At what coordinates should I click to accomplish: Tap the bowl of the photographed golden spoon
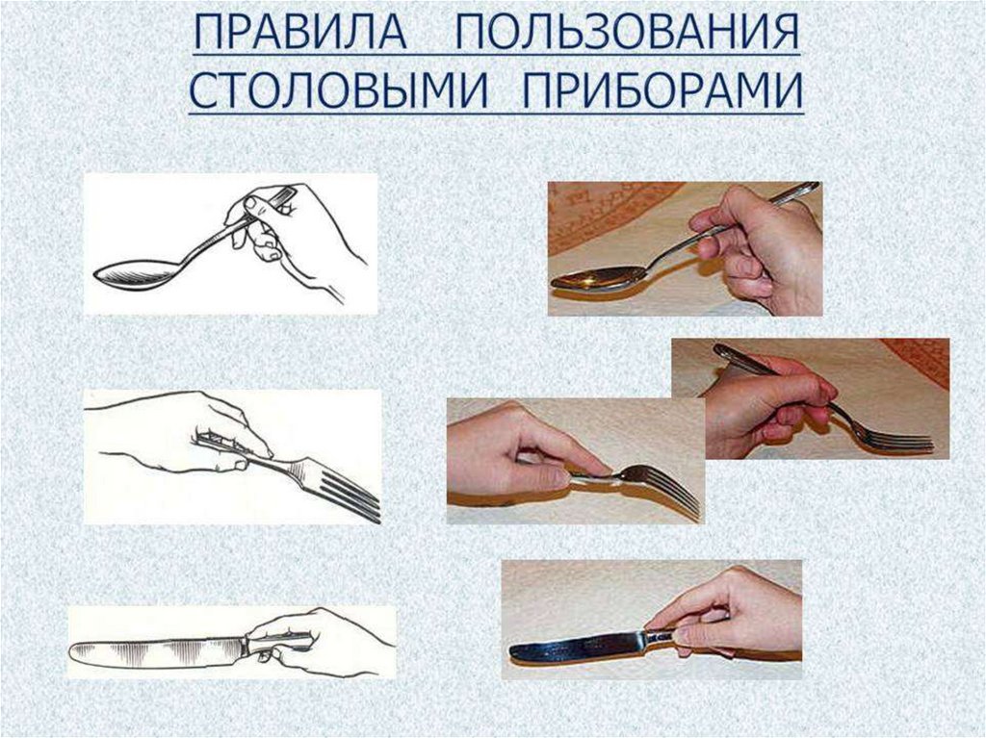(x=597, y=277)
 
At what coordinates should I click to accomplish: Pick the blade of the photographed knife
(x=578, y=647)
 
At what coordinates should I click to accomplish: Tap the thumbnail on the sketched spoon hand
(x=250, y=203)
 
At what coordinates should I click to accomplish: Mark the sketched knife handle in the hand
(x=279, y=643)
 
